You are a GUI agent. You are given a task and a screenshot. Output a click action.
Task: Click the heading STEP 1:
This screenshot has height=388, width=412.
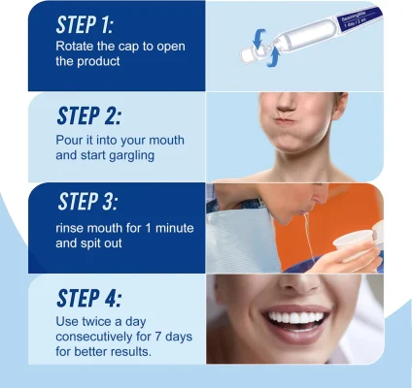tap(85, 24)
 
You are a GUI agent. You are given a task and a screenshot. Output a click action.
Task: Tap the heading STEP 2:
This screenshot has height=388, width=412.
tap(88, 115)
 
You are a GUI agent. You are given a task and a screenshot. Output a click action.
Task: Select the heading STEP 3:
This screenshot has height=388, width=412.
tap(87, 201)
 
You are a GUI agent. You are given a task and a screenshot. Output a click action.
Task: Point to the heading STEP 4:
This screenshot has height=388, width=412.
tap(88, 298)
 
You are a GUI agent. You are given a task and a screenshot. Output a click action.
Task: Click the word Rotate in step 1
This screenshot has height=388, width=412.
tap(74, 46)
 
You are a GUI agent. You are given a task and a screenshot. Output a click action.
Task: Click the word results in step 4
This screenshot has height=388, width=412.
tap(131, 351)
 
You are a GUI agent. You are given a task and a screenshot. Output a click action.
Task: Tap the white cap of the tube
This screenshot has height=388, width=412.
tap(249, 55)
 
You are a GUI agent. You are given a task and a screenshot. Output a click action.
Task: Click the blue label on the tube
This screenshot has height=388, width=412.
tap(359, 20)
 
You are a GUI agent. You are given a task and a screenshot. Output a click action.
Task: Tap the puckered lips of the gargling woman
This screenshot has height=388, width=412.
tap(285, 121)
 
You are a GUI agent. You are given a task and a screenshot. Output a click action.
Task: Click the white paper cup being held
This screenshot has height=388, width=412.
tap(353, 245)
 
